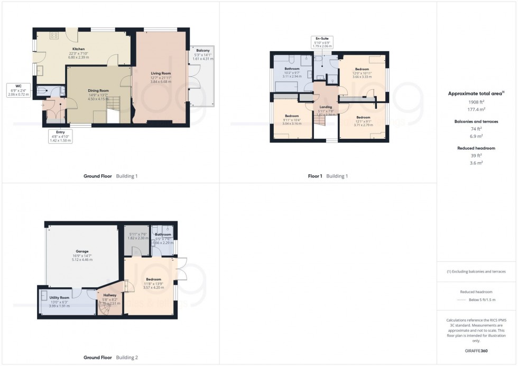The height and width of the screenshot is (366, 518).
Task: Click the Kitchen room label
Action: [78, 49]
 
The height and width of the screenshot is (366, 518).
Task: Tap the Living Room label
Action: [161, 73]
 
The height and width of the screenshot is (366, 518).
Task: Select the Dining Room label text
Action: [98, 90]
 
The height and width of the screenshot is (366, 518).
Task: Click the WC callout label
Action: [18, 86]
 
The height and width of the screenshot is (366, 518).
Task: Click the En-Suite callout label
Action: [322, 39]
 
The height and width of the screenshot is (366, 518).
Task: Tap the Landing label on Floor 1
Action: [326, 107]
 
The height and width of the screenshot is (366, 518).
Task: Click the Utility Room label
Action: [60, 298]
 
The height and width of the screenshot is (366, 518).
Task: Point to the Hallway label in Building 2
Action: [110, 295]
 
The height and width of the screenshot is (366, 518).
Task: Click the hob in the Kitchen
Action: [53, 35]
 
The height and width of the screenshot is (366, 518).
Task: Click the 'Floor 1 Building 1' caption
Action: [327, 176]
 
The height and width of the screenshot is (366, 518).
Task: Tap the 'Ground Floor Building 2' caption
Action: [110, 358]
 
